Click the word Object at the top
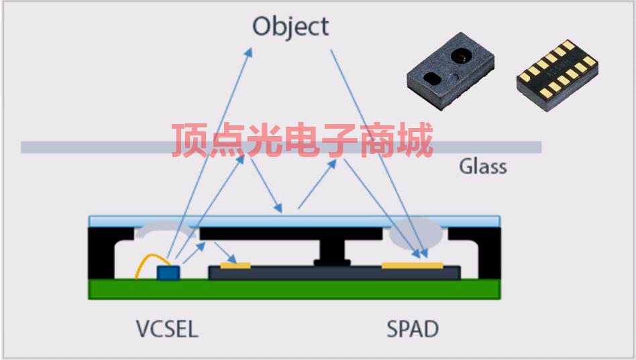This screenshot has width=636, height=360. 290,27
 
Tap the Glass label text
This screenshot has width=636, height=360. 482,166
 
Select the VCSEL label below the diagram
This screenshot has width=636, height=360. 167,329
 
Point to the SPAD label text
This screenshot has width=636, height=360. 413,329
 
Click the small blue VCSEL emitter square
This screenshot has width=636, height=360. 168,272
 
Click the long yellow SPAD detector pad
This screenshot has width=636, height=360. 412,265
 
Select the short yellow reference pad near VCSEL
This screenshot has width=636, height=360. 235,265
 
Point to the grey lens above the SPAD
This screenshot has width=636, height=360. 416,233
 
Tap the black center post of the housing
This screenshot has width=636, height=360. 331,251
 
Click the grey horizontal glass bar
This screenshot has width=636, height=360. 101,147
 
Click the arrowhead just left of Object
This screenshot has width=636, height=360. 249,51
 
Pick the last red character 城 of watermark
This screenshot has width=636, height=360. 412,140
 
